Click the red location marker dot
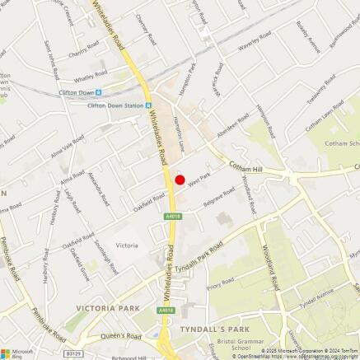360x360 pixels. coord(180,180)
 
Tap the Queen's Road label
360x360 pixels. coord(123,336)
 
